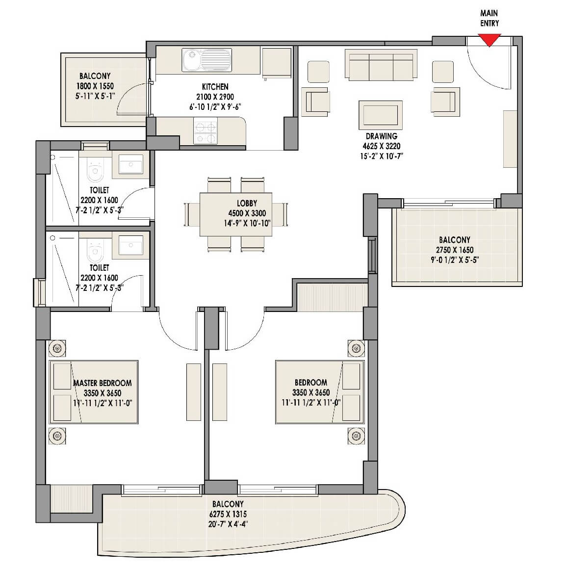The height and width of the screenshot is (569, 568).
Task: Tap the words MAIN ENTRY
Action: (x=489, y=18)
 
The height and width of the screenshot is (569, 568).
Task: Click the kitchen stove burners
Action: (x=206, y=131)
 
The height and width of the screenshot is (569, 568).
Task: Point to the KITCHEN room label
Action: (x=215, y=87)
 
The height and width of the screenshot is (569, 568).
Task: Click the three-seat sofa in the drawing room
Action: (x=381, y=62)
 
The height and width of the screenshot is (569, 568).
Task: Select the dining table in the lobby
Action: (x=236, y=214)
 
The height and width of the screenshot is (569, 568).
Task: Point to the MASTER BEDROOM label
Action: (x=102, y=383)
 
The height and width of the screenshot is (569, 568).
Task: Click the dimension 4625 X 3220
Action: (x=381, y=146)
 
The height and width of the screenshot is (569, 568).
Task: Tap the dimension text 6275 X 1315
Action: (x=228, y=514)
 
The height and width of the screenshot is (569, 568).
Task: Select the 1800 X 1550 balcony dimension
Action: (x=95, y=86)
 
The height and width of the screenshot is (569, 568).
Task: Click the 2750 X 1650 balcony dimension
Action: (x=454, y=250)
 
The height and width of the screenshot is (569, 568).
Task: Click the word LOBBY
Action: (x=247, y=203)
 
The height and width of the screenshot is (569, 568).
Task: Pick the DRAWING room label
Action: (x=381, y=136)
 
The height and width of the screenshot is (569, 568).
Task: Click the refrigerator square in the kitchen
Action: (x=277, y=62)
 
